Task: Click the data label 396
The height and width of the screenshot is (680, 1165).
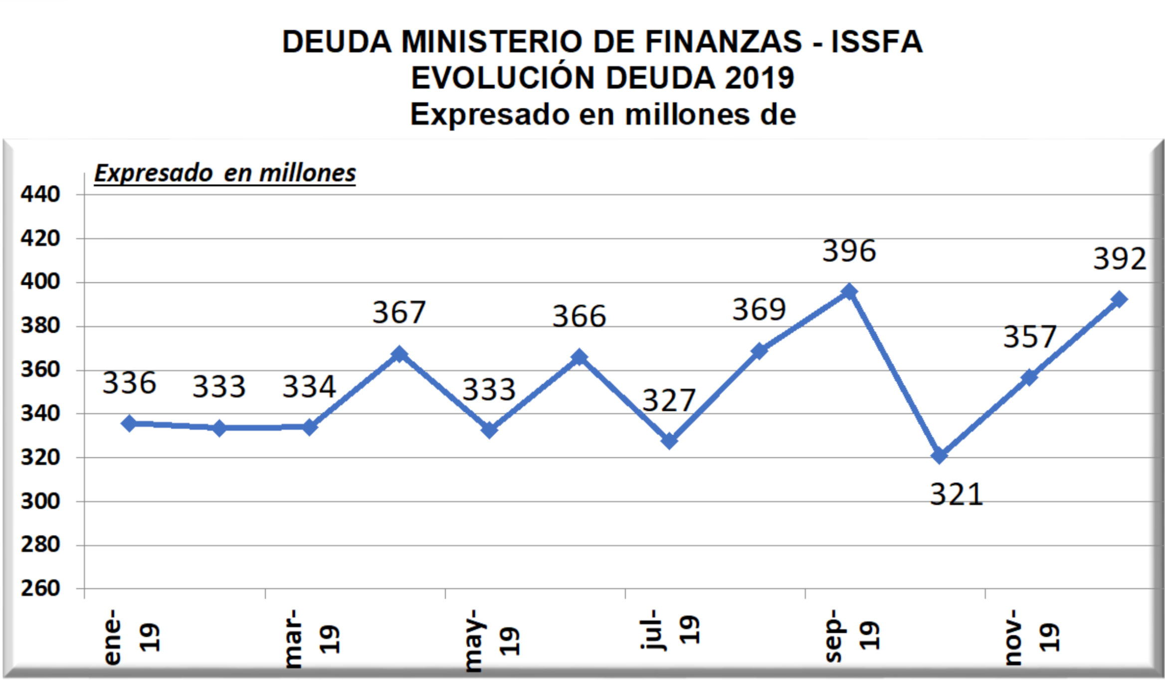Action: pos(849,251)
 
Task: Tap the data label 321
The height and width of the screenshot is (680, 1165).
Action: pos(957,495)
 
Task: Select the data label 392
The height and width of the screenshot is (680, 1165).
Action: pos(1120,259)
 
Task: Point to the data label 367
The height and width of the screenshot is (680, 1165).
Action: pos(399,313)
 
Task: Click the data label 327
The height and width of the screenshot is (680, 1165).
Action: pos(669,400)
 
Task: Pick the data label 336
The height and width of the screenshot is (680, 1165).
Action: pos(129,383)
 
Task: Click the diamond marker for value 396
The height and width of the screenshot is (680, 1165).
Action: pos(849,292)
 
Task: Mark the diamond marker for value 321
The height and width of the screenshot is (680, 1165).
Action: pos(939,455)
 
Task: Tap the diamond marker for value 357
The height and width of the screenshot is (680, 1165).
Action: pos(1029,377)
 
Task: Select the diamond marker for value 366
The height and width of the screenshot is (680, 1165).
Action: pos(579,357)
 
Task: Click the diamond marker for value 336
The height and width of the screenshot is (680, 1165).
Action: pos(129,424)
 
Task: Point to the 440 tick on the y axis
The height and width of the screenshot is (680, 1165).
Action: pos(40,194)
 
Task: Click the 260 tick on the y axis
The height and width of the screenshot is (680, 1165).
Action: pos(40,589)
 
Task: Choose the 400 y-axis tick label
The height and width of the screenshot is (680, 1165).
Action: pos(40,282)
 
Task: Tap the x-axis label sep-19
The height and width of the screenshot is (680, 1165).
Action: pos(851,636)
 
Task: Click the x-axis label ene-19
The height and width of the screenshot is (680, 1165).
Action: pos(131,637)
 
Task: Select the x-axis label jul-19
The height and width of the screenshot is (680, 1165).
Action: pos(670,630)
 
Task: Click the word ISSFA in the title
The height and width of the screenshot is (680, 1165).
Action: pos(876,41)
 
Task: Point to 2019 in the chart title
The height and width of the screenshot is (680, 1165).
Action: pos(759,78)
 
